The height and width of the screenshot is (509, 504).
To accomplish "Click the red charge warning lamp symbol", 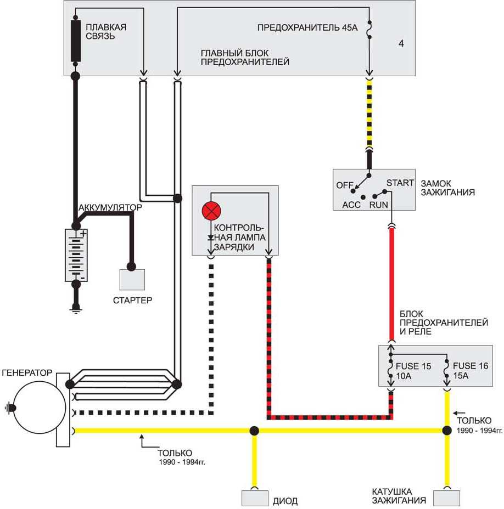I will click(210, 211).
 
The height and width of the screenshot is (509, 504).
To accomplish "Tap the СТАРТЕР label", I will click(132, 300).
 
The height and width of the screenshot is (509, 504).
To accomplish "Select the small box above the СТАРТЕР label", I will click(132, 280).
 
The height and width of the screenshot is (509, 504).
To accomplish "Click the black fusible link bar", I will click(76, 42).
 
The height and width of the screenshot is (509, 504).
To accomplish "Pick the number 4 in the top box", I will click(401, 43).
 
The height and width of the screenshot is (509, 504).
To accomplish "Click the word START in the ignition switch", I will click(400, 183).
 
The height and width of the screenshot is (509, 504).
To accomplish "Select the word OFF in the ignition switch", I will click(344, 185).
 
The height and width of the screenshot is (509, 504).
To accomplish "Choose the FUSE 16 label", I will click(470, 366).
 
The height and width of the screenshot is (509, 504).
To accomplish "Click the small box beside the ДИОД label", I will click(254, 498).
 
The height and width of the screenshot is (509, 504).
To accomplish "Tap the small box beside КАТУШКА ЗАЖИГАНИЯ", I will click(446, 498).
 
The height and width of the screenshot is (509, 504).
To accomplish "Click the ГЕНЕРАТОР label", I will click(27, 372).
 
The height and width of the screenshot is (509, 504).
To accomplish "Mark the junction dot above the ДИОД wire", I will click(254, 431).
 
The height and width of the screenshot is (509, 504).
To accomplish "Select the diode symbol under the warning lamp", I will click(210, 237).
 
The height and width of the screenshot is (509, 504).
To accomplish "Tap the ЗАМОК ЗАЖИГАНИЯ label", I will click(447, 188).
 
